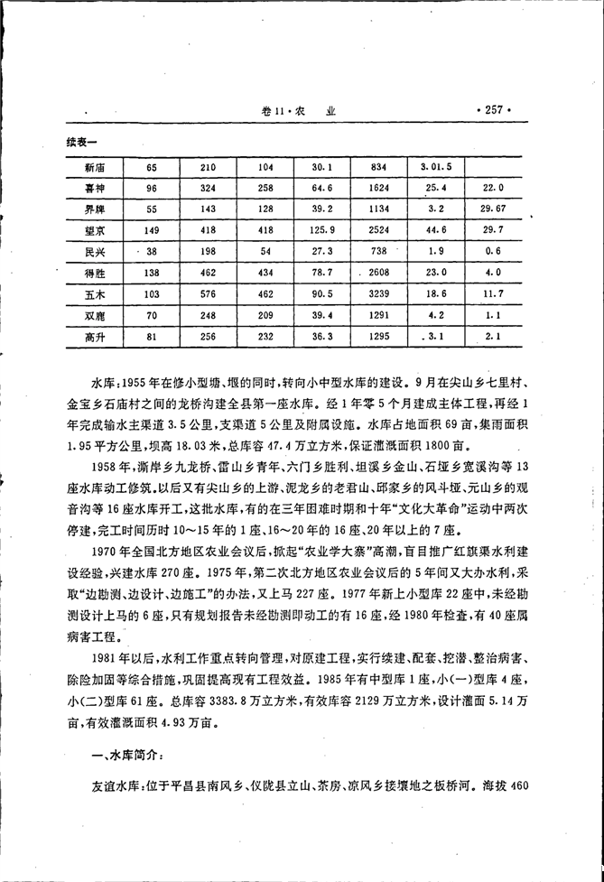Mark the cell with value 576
(x=208, y=294)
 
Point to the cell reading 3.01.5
(x=436, y=168)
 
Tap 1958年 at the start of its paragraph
(x=110, y=467)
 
